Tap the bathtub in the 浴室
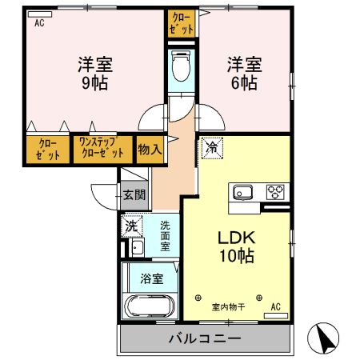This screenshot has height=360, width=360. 151,307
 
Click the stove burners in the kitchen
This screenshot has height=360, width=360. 276,193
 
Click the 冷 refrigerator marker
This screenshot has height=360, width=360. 212,147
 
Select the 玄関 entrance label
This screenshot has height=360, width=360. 134,194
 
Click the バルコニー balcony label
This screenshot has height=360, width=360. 204,339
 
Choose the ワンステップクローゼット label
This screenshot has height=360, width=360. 102,149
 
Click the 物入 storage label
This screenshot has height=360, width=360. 149,149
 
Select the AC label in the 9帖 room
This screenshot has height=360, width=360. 38,23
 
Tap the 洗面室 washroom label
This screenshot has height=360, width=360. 165,236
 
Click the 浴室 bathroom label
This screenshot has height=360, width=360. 152,279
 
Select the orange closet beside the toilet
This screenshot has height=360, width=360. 181,23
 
